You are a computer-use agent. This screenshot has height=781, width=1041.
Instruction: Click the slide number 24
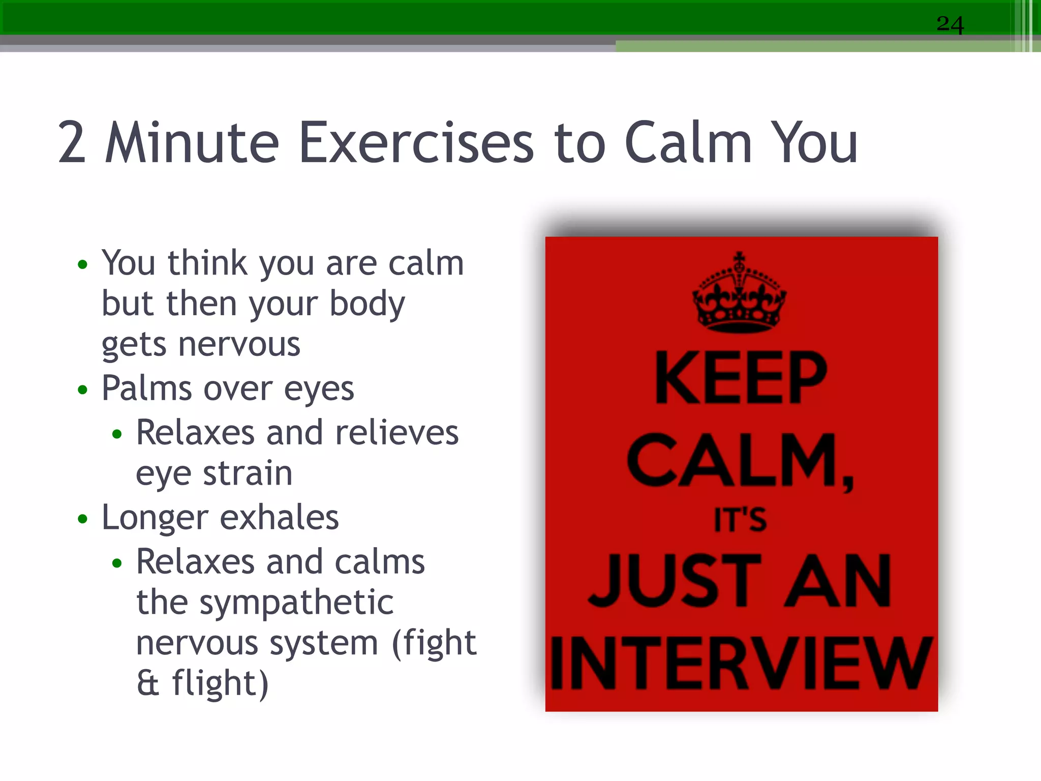pos(950,24)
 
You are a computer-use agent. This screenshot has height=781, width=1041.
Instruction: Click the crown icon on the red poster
pos(740,294)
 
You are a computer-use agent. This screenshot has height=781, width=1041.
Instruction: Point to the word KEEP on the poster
pos(741,378)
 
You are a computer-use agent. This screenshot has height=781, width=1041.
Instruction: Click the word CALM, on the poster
pos(740,461)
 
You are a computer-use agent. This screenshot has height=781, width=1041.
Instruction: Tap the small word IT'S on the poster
pos(740,520)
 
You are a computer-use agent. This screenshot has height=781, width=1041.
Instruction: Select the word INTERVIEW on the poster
pos(741,664)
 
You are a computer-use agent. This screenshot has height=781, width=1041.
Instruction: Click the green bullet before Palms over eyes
pos(83,390)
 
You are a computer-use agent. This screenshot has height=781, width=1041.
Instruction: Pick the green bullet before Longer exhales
pos(83,519)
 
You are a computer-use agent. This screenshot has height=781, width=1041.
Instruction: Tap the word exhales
pos(279,518)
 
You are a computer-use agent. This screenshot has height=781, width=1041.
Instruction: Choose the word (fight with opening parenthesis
pos(434,643)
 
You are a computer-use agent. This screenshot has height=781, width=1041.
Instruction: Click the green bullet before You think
pos(83,264)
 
